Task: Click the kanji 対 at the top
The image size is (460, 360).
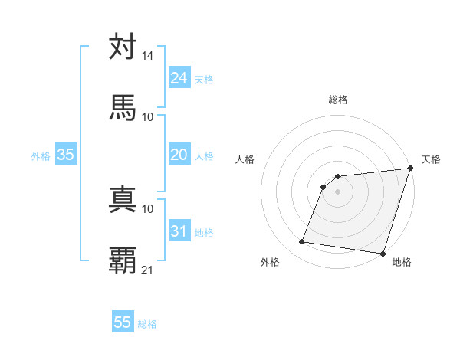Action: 123,47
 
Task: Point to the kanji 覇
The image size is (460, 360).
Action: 123,261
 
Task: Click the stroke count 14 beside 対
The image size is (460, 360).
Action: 148,56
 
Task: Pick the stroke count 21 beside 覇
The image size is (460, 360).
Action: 148,270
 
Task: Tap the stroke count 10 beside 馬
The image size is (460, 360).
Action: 148,117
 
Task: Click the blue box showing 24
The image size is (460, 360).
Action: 179,77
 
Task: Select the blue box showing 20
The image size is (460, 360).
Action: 179,155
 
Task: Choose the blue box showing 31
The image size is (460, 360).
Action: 179,231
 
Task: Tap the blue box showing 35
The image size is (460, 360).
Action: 66,155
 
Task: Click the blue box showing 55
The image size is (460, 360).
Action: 123,322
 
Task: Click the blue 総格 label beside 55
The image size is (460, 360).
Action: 148,324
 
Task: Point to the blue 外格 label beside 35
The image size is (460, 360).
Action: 41,155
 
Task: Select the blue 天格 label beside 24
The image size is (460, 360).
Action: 204,79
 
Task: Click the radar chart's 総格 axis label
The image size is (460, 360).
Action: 338,100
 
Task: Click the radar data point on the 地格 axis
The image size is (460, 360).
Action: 383,254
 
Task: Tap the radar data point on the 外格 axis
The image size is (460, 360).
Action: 302,242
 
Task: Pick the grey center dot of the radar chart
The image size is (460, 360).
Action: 337,192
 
